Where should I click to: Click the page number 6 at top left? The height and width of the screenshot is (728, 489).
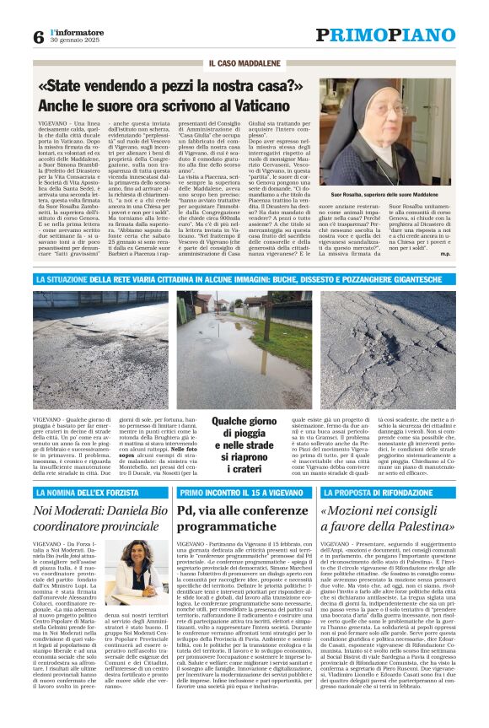pyautogui.click(x=38, y=37)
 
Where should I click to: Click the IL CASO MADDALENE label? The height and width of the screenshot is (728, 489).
pyautogui.click(x=244, y=64)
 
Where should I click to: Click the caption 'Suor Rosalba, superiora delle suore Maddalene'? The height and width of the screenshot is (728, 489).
pyautogui.click(x=398, y=194)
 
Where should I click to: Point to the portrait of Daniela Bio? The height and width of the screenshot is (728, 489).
pyautogui.click(x=136, y=573)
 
